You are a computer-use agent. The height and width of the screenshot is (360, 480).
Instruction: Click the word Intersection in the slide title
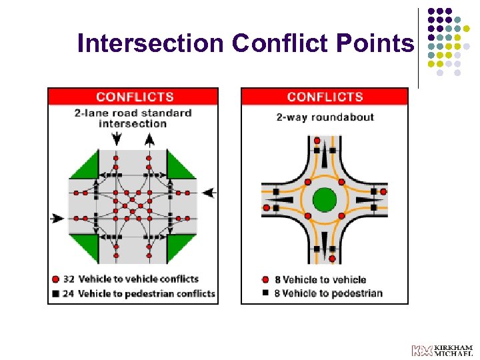coord(150,43)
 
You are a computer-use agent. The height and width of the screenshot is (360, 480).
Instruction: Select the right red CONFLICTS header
coord(325,97)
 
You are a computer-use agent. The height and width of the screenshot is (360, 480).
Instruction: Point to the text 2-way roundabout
coord(325,117)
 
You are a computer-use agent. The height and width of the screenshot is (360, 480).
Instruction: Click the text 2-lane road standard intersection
coord(133,118)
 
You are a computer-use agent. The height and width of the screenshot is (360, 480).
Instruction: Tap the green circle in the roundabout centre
coord(325,199)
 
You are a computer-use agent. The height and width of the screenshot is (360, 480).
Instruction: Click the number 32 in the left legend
coord(68,279)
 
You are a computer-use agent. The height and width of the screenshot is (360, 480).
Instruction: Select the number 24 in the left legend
coord(68,293)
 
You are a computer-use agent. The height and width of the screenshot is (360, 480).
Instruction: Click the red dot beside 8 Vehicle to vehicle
coord(266,280)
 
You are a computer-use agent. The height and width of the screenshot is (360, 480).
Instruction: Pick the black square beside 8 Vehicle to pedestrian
coord(266,293)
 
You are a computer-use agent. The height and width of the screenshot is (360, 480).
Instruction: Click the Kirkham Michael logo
coord(442,351)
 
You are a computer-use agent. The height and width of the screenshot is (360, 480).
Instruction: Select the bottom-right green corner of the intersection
coord(180,247)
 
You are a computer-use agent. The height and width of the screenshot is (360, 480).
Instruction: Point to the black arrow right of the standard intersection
coord(209,193)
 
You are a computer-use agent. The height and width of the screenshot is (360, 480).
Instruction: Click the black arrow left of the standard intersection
coord(58,218)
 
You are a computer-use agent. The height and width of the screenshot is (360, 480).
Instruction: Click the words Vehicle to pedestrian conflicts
coord(147,293)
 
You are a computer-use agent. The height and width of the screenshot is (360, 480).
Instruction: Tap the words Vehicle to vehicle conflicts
coord(139,279)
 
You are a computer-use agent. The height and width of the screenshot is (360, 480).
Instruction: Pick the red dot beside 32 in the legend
coord(55,279)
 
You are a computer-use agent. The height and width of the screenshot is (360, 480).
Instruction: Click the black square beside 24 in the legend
coord(55,293)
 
